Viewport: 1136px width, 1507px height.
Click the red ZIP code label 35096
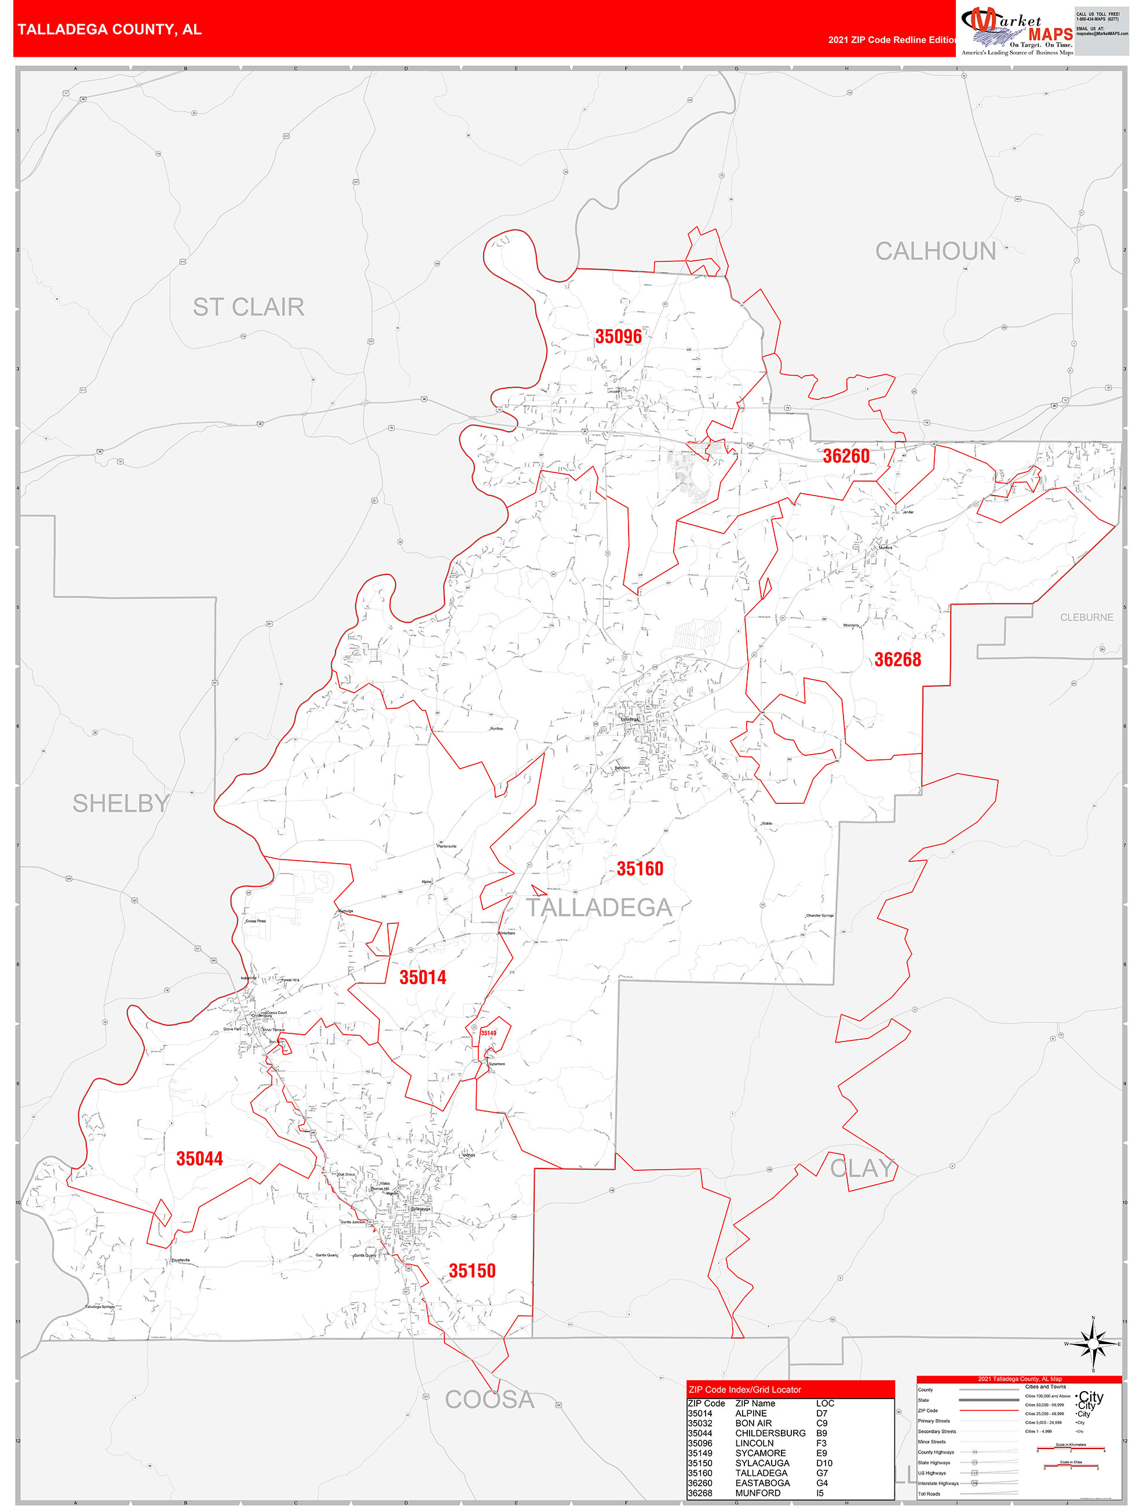[x=618, y=337]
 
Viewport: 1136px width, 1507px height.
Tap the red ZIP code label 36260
[x=846, y=456]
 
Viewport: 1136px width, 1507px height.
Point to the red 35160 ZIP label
[x=640, y=869]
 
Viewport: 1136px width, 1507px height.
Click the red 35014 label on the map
[x=422, y=978]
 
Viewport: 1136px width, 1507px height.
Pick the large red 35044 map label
[x=199, y=1159]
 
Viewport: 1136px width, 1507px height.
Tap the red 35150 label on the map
[x=472, y=1271]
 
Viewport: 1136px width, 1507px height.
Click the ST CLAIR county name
[x=248, y=307]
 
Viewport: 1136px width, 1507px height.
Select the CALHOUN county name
[x=935, y=252]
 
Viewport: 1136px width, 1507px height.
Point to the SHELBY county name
[x=120, y=804]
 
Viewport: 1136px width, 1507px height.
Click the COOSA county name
[x=489, y=1400]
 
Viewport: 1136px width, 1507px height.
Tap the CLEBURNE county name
[x=1086, y=617]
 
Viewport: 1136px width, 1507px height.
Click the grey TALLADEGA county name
[x=598, y=908]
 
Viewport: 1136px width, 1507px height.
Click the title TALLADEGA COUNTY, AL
[x=109, y=30]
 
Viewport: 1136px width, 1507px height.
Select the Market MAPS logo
[x=1016, y=31]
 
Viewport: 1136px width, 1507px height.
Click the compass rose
[x=1093, y=1344]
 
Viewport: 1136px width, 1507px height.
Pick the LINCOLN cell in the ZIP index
[x=754, y=1443]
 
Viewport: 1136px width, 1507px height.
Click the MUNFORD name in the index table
[x=757, y=1493]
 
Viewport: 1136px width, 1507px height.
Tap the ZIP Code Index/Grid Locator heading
[x=744, y=1390]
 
